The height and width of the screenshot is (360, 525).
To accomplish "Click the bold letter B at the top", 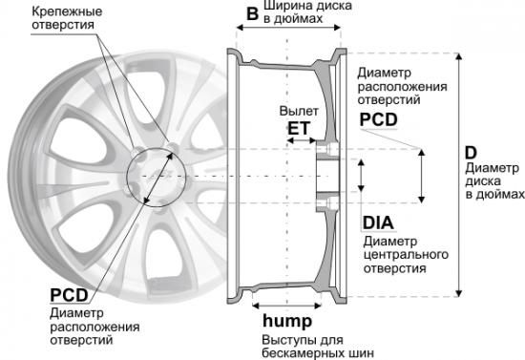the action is coord(252,13).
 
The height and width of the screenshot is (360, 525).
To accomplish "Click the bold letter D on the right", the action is coord(471,153).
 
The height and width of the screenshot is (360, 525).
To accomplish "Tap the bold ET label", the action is coord(299,128).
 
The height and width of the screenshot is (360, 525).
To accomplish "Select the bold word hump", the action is coord(287,321).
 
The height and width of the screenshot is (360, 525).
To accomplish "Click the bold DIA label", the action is coord(378,223).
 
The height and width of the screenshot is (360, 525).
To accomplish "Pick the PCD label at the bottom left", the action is coord(69,295).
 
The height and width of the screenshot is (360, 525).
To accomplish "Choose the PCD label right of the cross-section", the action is coord(379,119).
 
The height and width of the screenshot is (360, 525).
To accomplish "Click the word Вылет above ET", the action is coord(299,111).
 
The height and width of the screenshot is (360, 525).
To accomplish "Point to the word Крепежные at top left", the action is coord(67,11).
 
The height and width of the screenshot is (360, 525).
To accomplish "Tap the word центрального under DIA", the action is coord(406,255).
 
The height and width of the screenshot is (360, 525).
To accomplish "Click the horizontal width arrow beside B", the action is coord(288,28).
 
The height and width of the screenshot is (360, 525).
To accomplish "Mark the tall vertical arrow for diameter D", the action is coord(459,175).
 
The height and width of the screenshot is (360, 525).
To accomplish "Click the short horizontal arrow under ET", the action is coord(302,140).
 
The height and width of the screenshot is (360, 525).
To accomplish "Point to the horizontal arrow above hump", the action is coord(286,306).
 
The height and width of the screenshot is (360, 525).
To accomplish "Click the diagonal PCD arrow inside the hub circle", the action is coord(158,178).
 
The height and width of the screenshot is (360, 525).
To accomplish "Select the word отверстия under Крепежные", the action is coord(63,25).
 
